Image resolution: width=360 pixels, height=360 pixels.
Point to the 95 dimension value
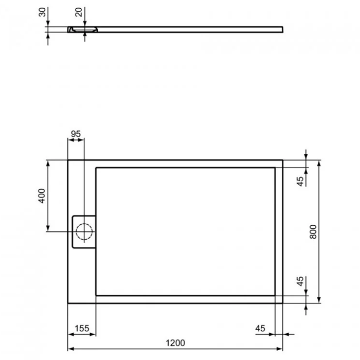(76, 134)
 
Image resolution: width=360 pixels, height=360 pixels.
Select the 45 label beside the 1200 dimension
(260, 328)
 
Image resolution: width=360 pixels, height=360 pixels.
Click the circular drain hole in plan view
(83, 231)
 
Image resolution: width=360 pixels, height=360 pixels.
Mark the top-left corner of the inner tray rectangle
(96, 167)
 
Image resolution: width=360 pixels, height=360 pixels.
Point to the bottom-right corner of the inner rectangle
(275, 296)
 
